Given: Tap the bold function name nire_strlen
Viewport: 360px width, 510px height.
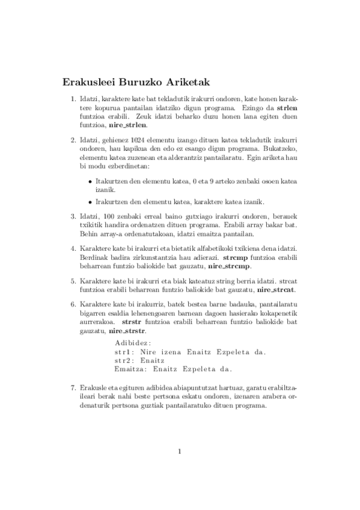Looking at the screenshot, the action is click(127, 127).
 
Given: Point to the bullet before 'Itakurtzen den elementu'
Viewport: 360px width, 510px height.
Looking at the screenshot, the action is click(90, 180).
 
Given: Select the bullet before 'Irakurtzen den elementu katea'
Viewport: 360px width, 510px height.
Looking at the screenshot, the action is click(90, 201).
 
